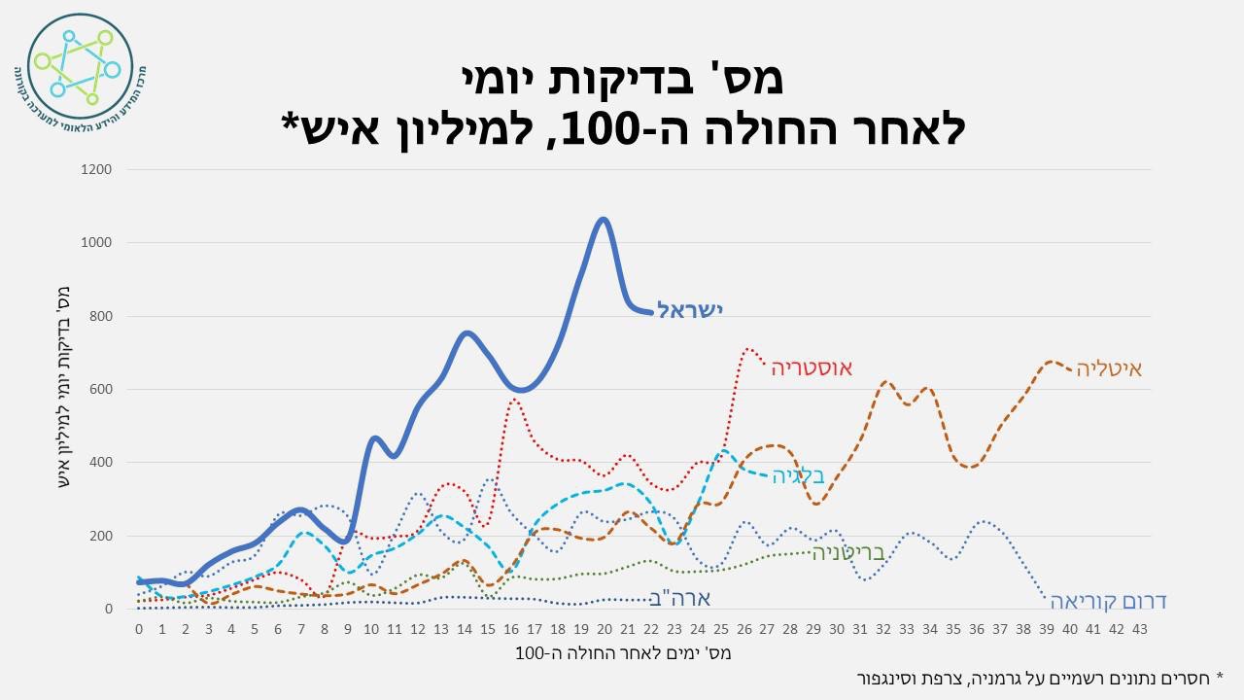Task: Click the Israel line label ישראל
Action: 691,310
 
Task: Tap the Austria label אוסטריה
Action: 812,367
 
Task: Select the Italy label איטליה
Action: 1109,369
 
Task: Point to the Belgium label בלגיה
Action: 798,476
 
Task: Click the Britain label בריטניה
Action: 848,553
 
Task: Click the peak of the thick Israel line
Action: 603,220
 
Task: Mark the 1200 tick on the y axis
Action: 99,170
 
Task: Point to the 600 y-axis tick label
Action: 103,390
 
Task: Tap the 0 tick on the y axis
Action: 109,610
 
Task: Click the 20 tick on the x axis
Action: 603,629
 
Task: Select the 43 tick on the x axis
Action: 1139,629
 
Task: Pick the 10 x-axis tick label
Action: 371,629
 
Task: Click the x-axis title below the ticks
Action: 623,653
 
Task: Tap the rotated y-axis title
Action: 65,389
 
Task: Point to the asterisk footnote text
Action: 1039,677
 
